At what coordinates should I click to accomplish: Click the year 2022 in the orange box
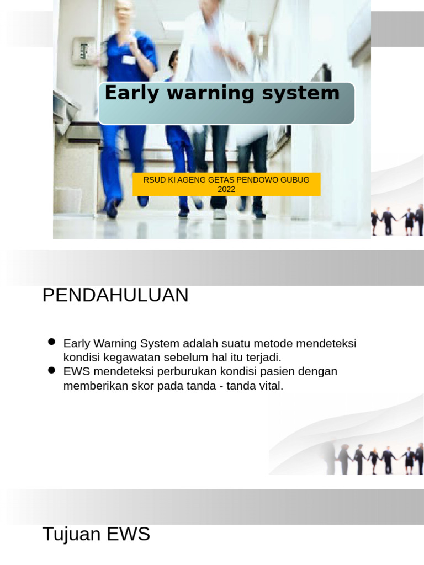click(226, 189)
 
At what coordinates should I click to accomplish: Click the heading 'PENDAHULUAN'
click(115, 296)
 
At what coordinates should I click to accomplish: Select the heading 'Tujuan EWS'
click(96, 534)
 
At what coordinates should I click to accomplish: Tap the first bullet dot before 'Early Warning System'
click(52, 342)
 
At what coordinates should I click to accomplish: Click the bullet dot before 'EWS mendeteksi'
click(52, 370)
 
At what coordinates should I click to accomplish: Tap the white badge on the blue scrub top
click(129, 60)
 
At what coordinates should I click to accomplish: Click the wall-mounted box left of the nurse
click(83, 51)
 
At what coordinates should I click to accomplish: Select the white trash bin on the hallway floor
click(67, 200)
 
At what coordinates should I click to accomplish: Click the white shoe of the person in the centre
click(220, 214)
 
